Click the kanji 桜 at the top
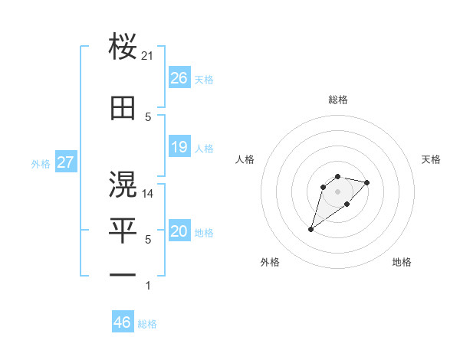coord(123,47)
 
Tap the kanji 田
coord(123,108)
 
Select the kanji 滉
coord(123,184)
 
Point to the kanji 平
coord(123,230)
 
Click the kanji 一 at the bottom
coord(123,275)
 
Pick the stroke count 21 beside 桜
coord(148,56)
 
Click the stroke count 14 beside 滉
coord(148,193)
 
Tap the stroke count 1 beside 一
coord(148,286)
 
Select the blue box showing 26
coord(179,78)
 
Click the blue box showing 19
coord(179,147)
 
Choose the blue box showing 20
coord(179,231)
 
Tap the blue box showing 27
coord(65,162)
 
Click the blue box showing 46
coord(123,322)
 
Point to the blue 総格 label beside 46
coord(148,324)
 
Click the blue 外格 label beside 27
coord(41,164)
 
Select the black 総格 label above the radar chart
coord(337,100)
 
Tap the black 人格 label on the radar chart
coord(245,159)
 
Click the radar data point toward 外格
coord(311,229)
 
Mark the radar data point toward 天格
coord(367,182)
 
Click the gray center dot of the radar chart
coord(337,191)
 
